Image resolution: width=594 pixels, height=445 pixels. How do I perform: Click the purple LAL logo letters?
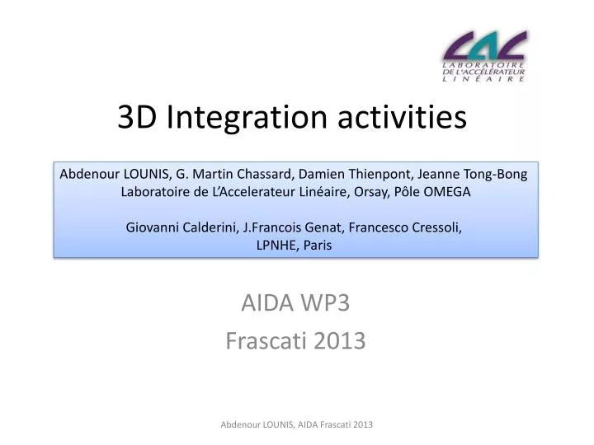(484, 46)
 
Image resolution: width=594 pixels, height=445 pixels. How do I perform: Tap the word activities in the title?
(401, 118)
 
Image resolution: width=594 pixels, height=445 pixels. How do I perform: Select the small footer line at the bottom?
(296, 424)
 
